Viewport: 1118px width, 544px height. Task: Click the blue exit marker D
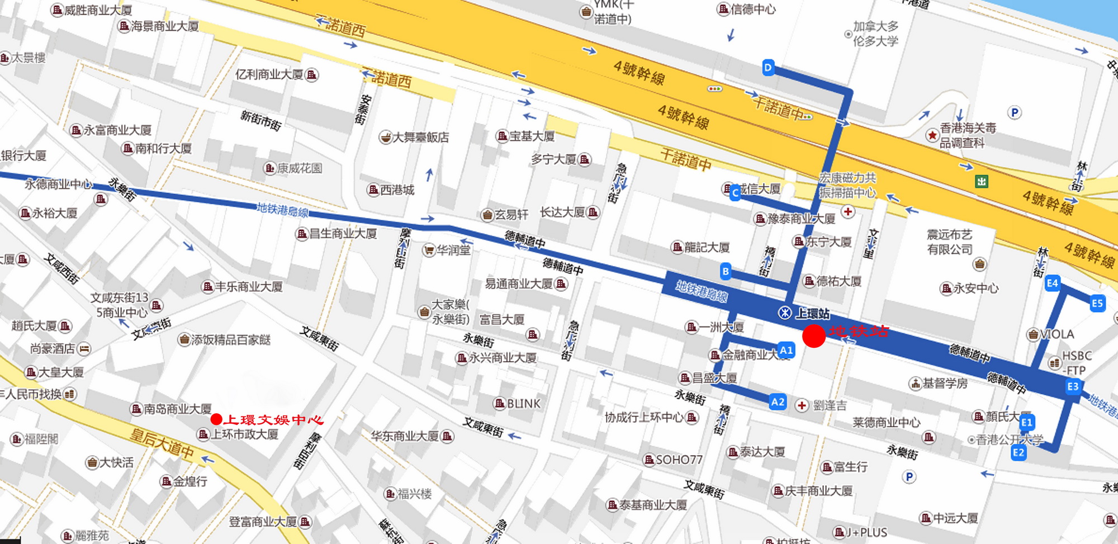click(768, 68)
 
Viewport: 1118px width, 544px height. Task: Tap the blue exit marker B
click(726, 272)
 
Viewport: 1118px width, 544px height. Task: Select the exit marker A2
click(778, 402)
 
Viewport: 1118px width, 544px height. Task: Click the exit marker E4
click(1053, 283)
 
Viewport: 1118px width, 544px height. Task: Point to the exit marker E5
click(1097, 304)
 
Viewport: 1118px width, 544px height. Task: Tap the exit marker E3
click(1073, 386)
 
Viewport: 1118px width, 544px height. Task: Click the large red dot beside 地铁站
click(814, 335)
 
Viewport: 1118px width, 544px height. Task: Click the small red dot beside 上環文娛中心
click(216, 419)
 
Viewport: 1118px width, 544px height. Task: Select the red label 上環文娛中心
click(273, 420)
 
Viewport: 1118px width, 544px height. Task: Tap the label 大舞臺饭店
click(420, 137)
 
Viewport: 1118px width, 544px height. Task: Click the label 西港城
click(397, 190)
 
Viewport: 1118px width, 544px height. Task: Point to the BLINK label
click(523, 404)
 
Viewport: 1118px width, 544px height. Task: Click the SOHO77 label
click(679, 460)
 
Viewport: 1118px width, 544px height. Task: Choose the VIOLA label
click(1057, 334)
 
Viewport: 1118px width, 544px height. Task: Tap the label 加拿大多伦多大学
click(875, 34)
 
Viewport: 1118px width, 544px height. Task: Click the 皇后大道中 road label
click(162, 443)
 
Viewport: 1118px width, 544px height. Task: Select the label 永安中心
click(975, 288)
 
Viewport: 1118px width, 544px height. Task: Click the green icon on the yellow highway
click(982, 181)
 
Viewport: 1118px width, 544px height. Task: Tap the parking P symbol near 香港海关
click(1015, 113)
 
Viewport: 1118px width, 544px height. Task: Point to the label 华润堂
click(453, 250)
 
